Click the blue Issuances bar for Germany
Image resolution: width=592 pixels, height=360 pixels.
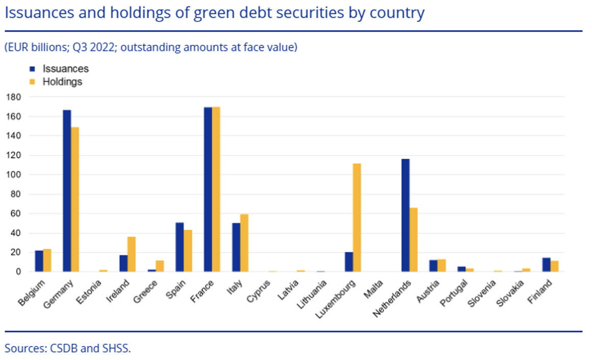(67, 191)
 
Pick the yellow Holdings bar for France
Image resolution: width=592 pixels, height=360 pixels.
(216, 189)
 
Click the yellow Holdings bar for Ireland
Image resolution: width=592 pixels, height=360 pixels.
(131, 254)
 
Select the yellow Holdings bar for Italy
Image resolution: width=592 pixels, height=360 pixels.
(244, 243)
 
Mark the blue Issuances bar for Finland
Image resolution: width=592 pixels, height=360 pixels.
(546, 265)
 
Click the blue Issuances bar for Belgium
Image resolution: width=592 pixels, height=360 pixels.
(39, 261)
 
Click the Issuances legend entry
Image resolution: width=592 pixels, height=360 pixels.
(65, 69)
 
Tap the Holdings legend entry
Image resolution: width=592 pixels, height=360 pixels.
(62, 82)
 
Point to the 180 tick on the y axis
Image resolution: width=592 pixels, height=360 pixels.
(13, 97)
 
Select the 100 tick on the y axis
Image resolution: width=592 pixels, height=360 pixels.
(13, 175)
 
